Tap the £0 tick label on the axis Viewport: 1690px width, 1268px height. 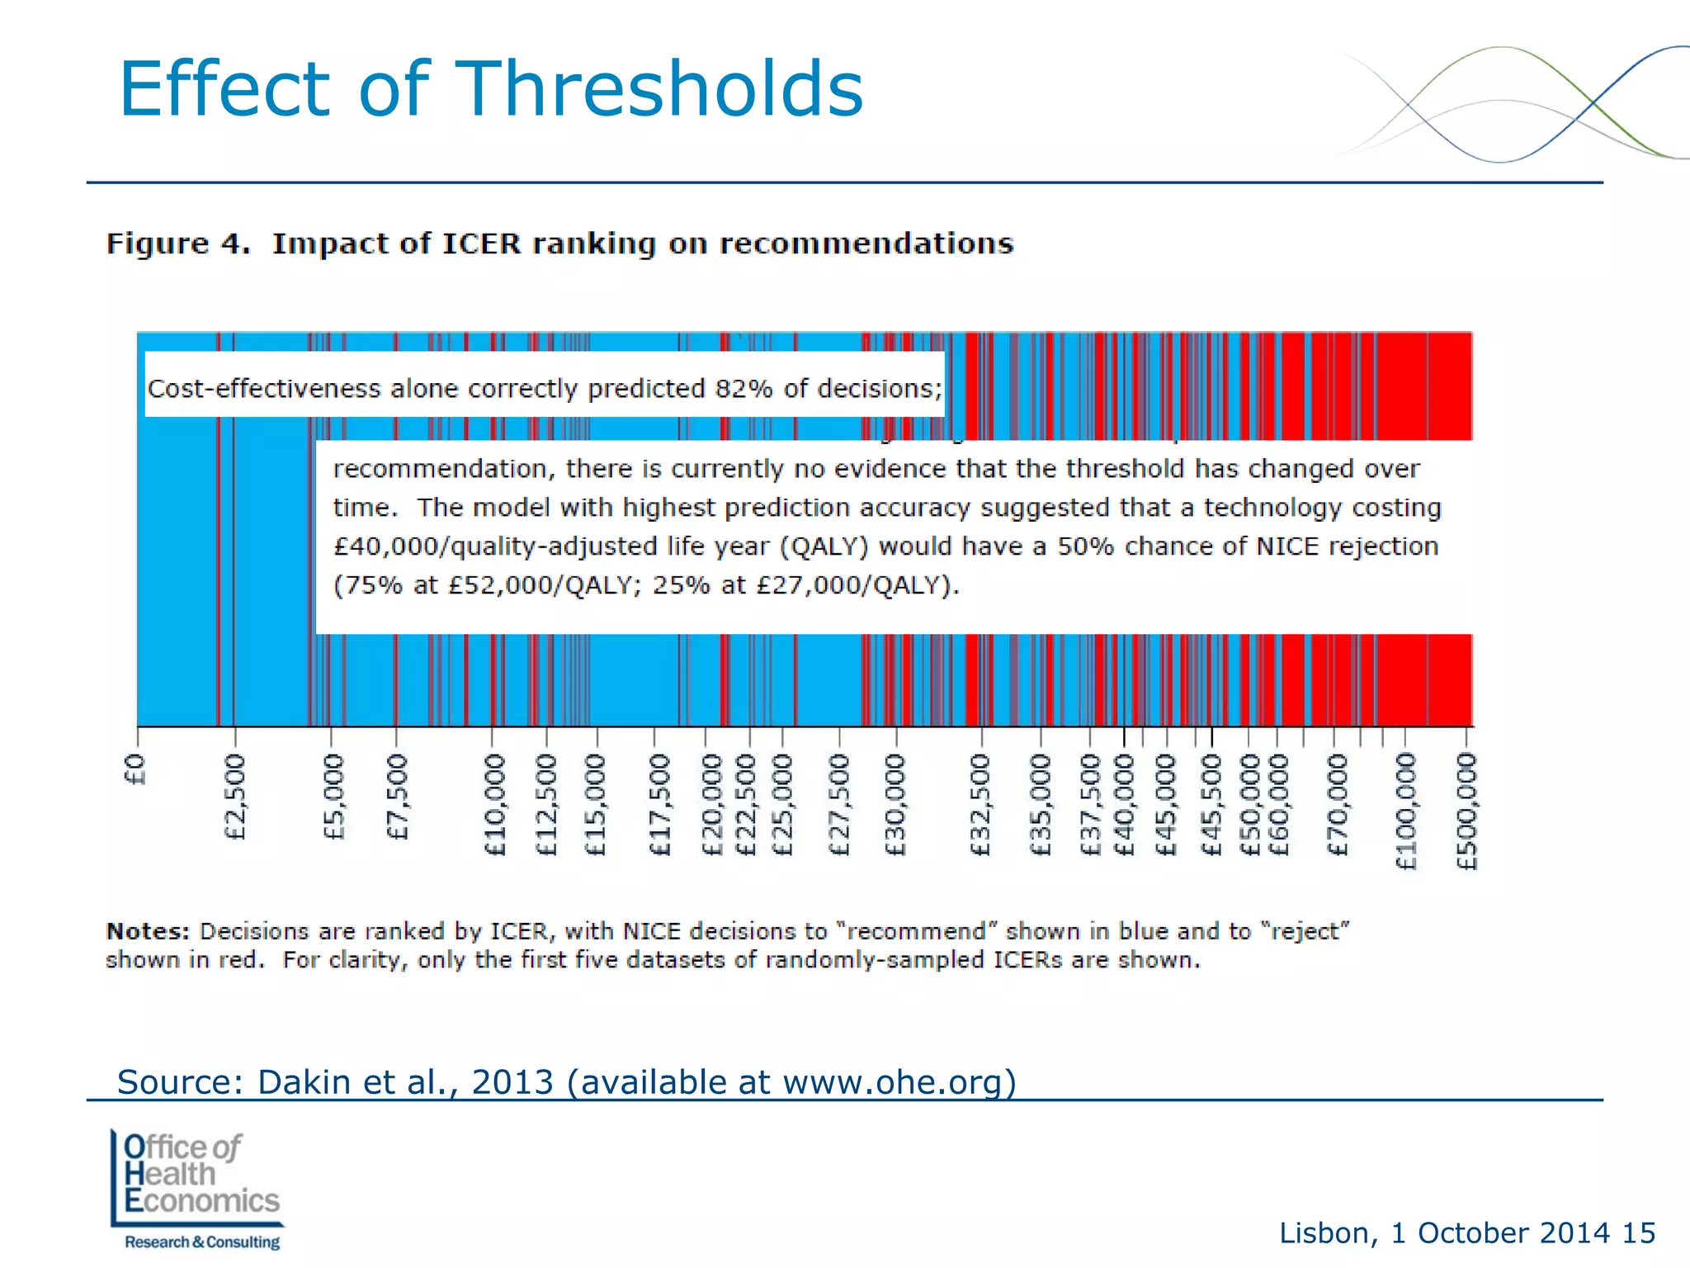(135, 769)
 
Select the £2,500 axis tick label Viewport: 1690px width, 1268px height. (235, 796)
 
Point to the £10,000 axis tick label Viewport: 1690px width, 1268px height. (494, 804)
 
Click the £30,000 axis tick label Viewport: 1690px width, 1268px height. (895, 804)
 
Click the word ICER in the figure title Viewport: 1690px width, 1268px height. (482, 244)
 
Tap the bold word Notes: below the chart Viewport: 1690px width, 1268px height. (148, 931)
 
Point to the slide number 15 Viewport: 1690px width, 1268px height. (1638, 1233)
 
